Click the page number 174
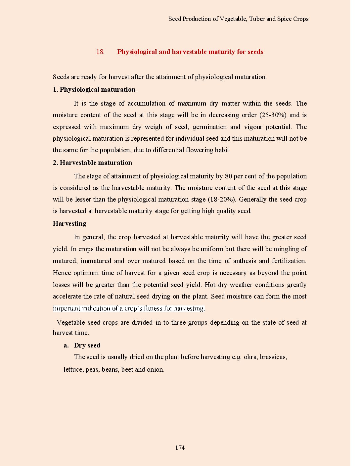click(x=180, y=448)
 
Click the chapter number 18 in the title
click(x=100, y=52)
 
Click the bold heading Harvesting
click(x=69, y=224)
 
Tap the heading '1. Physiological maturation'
click(x=94, y=90)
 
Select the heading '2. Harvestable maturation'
click(x=92, y=163)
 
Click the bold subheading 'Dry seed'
click(x=87, y=346)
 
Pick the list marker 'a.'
click(x=66, y=346)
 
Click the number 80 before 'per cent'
click(x=228, y=176)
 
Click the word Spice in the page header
click(x=284, y=19)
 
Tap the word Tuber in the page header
click(x=257, y=19)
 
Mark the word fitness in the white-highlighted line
click(x=153, y=309)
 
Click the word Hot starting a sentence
click(x=210, y=285)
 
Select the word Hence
click(x=62, y=273)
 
